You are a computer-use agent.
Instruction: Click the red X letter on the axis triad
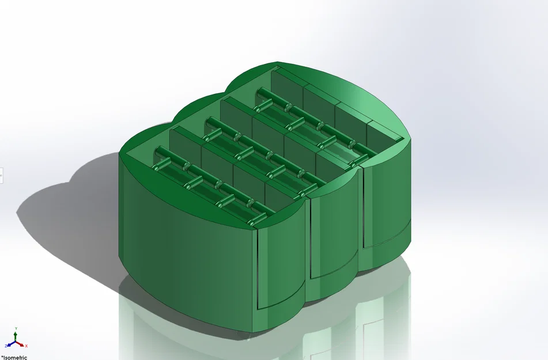click(x=26, y=346)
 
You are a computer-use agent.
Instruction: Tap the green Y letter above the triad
click(x=16, y=329)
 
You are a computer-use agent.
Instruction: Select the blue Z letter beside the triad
click(x=6, y=346)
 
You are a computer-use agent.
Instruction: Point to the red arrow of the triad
click(x=20, y=344)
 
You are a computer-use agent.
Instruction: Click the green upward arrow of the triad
click(x=16, y=336)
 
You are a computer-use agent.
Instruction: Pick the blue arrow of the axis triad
click(x=12, y=344)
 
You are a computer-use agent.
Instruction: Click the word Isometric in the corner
click(x=15, y=357)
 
